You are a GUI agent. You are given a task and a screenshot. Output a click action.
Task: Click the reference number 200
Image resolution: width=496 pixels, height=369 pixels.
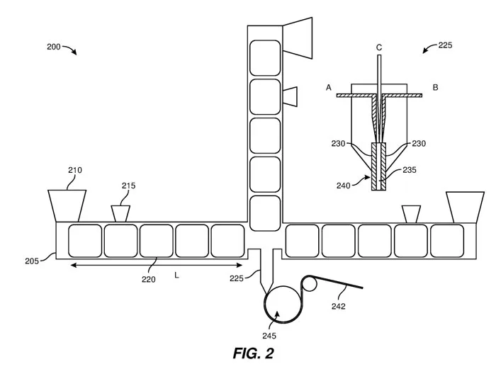(53, 47)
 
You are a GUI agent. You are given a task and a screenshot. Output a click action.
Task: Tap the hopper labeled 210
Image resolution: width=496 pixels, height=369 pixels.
(67, 206)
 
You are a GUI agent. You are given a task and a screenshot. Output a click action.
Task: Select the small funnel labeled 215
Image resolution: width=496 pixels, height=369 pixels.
(120, 214)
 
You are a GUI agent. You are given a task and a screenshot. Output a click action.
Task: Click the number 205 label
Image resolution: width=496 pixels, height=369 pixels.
(32, 261)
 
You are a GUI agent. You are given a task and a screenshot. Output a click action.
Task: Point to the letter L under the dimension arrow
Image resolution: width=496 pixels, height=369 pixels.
(176, 276)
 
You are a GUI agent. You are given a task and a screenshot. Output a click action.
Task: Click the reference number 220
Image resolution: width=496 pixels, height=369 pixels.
(149, 279)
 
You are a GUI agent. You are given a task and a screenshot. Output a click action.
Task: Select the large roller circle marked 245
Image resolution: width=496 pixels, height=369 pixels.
(283, 304)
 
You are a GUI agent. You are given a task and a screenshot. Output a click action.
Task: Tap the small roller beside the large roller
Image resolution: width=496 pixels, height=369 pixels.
(310, 283)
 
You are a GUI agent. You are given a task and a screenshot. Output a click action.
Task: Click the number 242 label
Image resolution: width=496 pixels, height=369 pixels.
(339, 306)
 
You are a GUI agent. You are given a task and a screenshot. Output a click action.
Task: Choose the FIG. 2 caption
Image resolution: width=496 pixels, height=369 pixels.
(254, 353)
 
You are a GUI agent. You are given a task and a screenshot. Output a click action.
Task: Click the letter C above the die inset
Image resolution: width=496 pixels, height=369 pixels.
(379, 47)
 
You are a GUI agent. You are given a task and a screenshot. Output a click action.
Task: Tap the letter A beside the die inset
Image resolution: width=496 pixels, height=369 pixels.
(329, 87)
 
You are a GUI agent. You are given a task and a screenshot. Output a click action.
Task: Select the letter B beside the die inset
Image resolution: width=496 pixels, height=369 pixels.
(435, 87)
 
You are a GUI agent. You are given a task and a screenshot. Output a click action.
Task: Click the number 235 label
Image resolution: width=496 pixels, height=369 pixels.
(410, 170)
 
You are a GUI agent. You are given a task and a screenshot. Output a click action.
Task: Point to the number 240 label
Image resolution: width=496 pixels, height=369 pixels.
(344, 186)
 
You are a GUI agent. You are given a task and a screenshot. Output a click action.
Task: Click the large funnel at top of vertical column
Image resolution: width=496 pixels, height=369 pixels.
(298, 38)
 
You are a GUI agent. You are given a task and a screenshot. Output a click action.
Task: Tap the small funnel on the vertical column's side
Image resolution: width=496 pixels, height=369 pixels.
(290, 96)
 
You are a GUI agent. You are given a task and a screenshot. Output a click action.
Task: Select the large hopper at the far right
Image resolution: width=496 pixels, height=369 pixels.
(465, 207)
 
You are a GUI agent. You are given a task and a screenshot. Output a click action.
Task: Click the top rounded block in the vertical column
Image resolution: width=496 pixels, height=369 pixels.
(265, 58)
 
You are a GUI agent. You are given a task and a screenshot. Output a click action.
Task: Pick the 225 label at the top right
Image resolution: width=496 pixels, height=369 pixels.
(445, 45)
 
